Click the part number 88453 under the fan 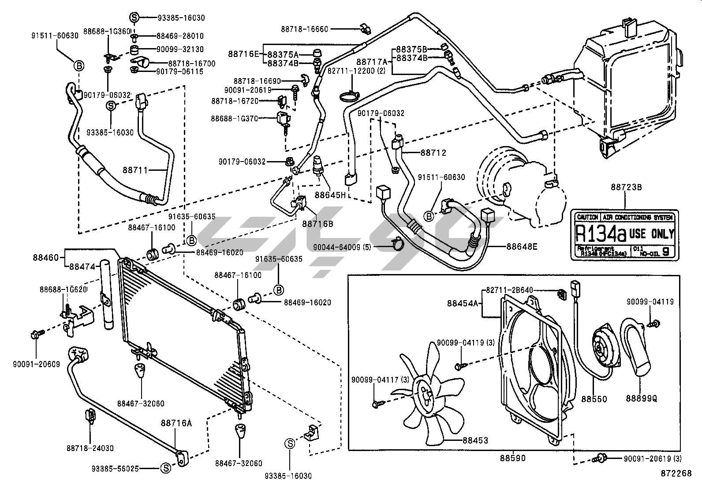475,440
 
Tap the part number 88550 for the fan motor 594,399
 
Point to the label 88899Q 641,399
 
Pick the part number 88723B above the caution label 626,187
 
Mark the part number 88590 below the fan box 512,458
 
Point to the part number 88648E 522,247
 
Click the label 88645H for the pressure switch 330,194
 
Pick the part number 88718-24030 90,448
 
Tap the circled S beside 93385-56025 165,468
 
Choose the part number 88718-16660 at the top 304,29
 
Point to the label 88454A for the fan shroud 463,303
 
